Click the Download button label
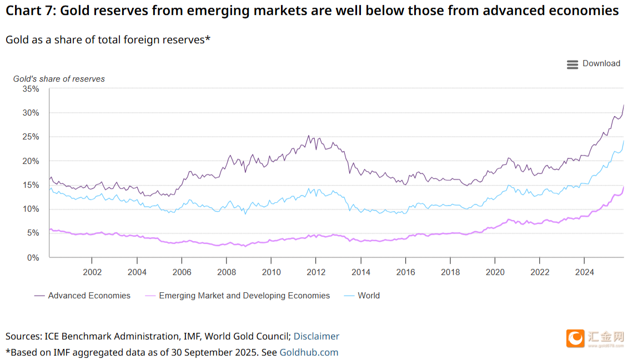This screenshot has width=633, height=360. click(601, 63)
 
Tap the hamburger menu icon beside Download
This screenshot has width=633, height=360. click(572, 64)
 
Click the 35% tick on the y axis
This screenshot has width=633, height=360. click(31, 89)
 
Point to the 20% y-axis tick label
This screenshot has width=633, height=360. click(31, 161)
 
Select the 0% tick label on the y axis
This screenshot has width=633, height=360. click(33, 258)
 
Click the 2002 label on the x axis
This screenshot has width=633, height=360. click(92, 272)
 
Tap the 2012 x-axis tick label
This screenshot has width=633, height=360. click(315, 272)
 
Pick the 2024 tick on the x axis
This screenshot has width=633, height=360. click(584, 272)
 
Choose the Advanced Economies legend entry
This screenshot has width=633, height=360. click(89, 296)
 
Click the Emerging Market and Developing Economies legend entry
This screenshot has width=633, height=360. click(244, 296)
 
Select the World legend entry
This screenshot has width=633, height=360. click(369, 296)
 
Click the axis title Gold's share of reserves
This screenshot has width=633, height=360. click(59, 79)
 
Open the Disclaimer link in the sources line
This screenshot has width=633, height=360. click(316, 336)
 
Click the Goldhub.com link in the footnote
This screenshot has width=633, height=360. click(309, 352)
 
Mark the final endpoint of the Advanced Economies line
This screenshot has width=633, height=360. click(624, 104)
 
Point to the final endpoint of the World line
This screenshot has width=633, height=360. click(624, 141)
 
